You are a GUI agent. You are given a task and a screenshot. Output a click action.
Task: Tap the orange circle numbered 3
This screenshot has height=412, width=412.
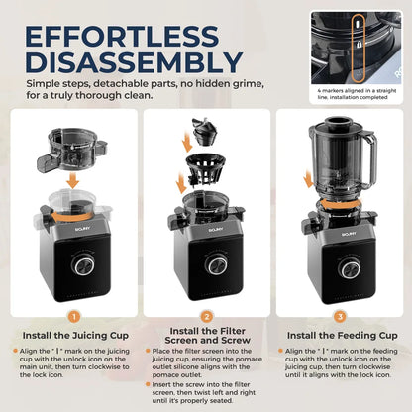pos(341,317)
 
